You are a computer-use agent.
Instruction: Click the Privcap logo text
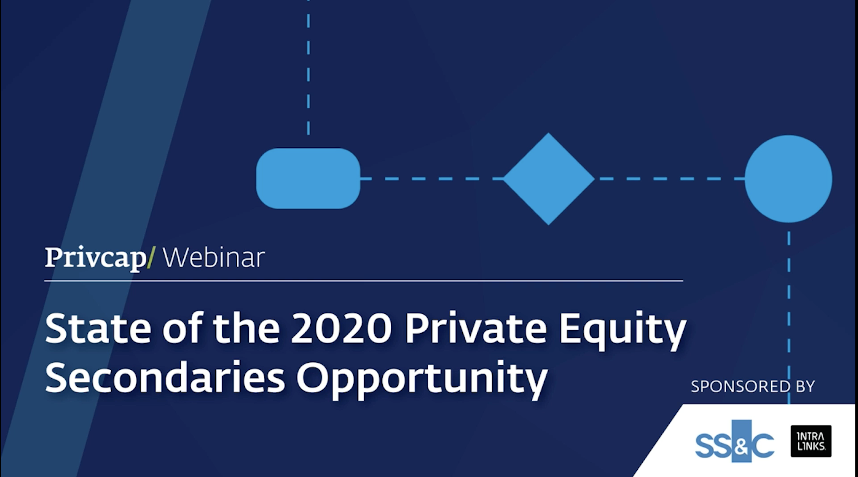coord(96,258)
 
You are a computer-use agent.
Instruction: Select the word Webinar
coord(214,258)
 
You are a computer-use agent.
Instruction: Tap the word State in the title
coord(98,328)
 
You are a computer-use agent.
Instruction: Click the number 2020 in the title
coord(341,328)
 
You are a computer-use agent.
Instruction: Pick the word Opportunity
coord(422,381)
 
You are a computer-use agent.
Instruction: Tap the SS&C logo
coord(735,441)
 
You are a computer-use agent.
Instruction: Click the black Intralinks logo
coord(811,441)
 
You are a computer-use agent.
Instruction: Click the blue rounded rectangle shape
coord(308,178)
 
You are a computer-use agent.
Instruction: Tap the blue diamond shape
coord(548,178)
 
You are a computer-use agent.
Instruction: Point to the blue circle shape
coord(788,178)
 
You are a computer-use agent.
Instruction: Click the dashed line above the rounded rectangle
coord(308,67)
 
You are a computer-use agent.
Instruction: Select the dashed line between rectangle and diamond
coord(431,179)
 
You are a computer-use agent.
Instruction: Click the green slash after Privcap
coord(151,258)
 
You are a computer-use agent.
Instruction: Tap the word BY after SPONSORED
coord(805,386)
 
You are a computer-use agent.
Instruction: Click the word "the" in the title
coord(247,328)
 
